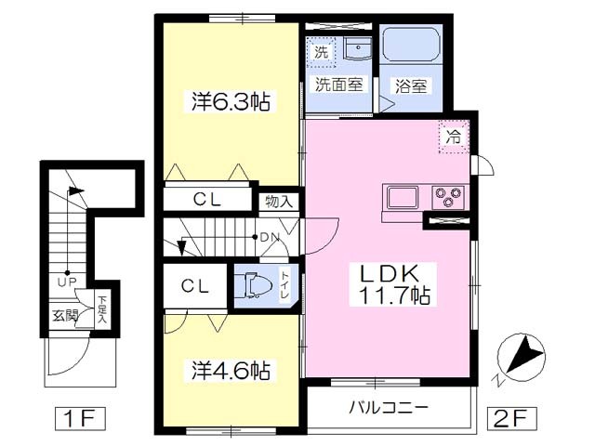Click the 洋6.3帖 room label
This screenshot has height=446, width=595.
click(x=231, y=101)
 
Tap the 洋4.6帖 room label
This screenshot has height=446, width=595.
click(x=231, y=370)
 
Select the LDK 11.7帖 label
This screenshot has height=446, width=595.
click(x=393, y=284)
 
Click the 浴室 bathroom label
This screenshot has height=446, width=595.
click(x=411, y=86)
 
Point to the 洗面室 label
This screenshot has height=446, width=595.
click(x=338, y=85)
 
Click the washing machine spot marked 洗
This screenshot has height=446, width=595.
click(x=321, y=52)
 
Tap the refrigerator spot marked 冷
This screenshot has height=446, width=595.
click(x=454, y=137)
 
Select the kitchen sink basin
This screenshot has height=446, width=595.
click(x=402, y=197)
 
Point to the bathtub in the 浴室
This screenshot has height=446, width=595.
click(x=411, y=43)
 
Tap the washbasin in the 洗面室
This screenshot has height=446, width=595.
click(x=357, y=48)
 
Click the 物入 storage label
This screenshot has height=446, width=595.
click(x=279, y=202)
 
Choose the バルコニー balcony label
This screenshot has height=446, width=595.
click(x=389, y=408)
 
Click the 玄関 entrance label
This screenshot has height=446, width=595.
click(x=65, y=315)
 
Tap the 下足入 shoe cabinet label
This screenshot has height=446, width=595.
click(x=101, y=309)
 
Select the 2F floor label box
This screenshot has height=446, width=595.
click(x=511, y=418)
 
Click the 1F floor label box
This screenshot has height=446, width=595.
click(x=80, y=418)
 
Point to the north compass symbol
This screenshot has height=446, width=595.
click(x=521, y=357)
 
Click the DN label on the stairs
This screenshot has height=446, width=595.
click(x=270, y=238)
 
